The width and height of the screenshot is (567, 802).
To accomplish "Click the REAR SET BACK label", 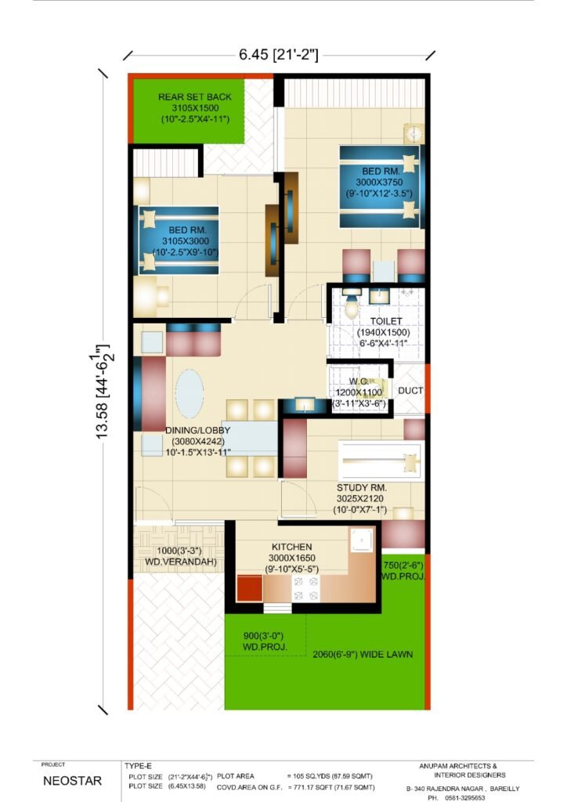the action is [x=195, y=96].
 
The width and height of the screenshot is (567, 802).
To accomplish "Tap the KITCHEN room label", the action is [x=292, y=547].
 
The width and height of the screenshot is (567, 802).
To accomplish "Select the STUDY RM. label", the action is [x=362, y=487].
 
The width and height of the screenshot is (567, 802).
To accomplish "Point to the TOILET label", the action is [x=386, y=321].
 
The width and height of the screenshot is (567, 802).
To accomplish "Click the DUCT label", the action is [x=410, y=391].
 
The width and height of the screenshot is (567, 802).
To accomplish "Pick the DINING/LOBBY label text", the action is [x=198, y=430].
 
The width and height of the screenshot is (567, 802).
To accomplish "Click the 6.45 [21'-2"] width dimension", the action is [x=279, y=54].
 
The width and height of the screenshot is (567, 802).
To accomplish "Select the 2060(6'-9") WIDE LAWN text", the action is [x=363, y=654].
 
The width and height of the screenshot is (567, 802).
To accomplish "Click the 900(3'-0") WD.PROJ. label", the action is [x=265, y=641].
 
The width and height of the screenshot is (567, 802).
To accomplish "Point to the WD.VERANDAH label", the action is [x=181, y=562].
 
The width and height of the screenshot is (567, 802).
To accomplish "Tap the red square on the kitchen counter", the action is [x=250, y=588].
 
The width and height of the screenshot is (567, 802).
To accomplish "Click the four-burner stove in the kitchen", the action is [x=305, y=589].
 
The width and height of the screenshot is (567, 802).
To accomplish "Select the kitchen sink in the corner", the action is [x=362, y=540].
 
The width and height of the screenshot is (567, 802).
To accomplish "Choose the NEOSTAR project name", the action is [x=73, y=781].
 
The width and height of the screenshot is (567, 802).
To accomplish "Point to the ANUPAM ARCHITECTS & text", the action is [x=458, y=766].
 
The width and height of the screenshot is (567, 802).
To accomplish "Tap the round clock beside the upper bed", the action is [x=414, y=134].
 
